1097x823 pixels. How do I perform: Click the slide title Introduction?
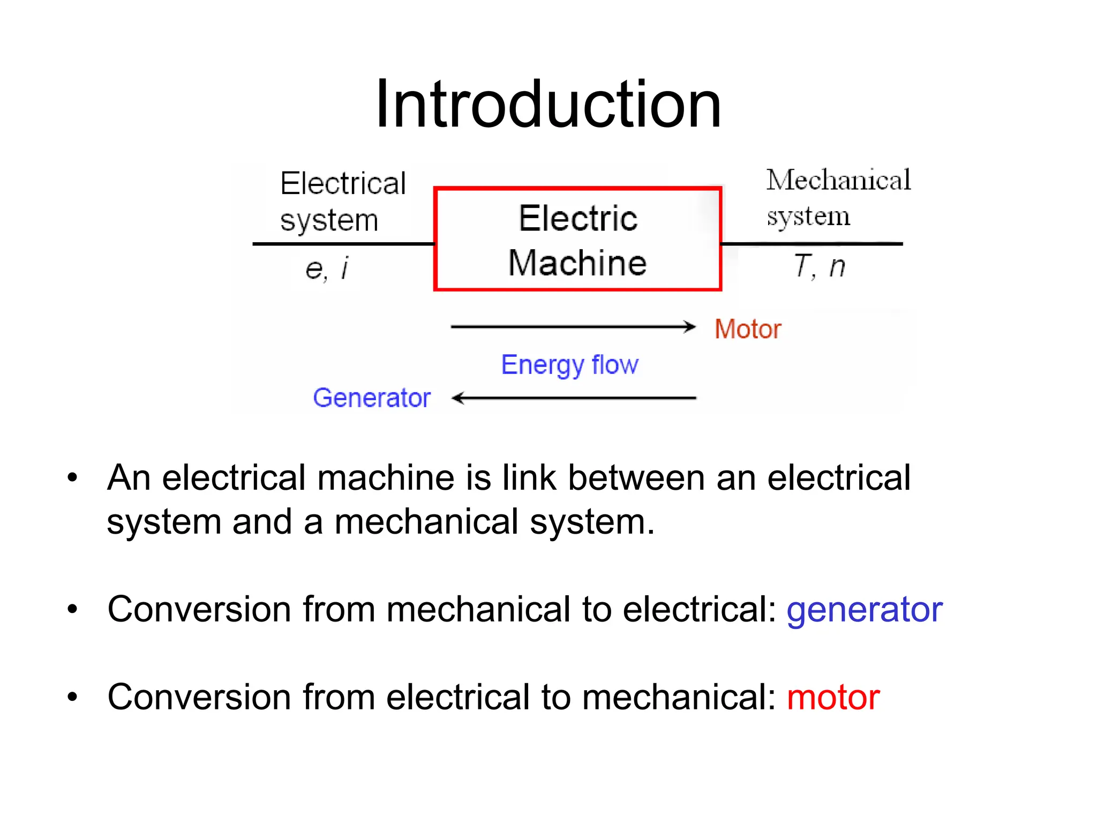pyautogui.click(x=548, y=104)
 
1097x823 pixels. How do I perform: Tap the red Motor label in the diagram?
pyautogui.click(x=748, y=329)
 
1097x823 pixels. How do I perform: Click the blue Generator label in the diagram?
pyautogui.click(x=372, y=398)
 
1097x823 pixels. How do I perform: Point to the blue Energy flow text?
pyautogui.click(x=569, y=365)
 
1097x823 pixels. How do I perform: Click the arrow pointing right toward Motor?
pyautogui.click(x=573, y=326)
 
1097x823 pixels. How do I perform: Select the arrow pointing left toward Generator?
pyautogui.click(x=573, y=398)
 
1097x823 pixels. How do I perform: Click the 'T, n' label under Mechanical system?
pyautogui.click(x=819, y=266)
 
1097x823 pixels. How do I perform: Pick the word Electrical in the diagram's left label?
pyautogui.click(x=343, y=184)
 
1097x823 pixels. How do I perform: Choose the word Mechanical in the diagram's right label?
pyautogui.click(x=838, y=180)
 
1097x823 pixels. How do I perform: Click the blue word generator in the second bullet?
pyautogui.click(x=864, y=610)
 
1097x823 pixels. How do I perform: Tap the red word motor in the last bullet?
pyautogui.click(x=833, y=697)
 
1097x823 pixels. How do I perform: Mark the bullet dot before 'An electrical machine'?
pyautogui.click(x=72, y=477)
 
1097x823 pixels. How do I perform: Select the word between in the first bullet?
pyautogui.click(x=636, y=477)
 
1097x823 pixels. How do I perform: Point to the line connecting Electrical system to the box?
pyautogui.click(x=343, y=244)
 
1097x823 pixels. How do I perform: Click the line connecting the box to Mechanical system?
pyautogui.click(x=812, y=244)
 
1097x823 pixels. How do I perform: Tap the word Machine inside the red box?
pyautogui.click(x=577, y=263)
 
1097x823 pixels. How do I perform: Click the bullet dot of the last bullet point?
pyautogui.click(x=72, y=697)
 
